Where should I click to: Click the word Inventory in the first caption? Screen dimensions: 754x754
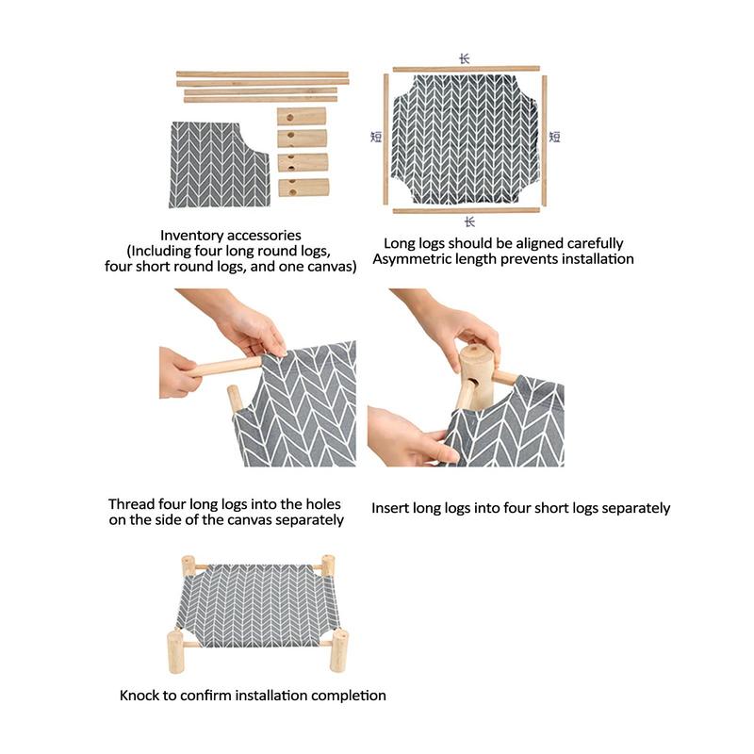189,236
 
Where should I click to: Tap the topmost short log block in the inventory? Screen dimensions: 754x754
302,116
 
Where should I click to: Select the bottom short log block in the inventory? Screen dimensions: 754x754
303,187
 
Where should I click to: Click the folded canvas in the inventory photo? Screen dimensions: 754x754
219,165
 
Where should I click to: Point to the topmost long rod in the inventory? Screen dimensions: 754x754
262,74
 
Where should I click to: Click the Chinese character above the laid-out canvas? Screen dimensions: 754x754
464,58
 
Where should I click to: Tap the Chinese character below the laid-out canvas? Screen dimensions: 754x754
469,221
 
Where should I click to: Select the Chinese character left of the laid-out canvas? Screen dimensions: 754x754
376,137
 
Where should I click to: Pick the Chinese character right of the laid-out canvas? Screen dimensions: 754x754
554,137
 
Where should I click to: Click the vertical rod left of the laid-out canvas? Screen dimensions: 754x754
385,139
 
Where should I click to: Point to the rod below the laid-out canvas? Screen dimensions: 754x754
467,210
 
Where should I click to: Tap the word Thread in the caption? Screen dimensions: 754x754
128,504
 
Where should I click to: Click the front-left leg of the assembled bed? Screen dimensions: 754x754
175,652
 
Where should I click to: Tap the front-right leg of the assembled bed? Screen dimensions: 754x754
339,651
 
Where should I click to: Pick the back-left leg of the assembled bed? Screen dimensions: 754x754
188,565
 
